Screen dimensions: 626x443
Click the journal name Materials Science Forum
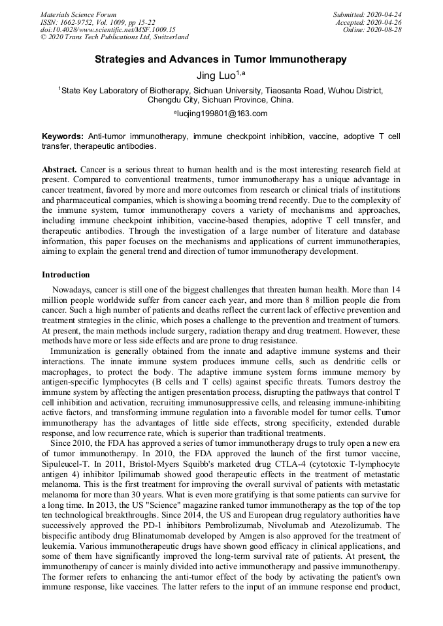click(78, 14)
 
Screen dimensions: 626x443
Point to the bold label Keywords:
click(62, 136)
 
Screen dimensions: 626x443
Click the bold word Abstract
click(60, 169)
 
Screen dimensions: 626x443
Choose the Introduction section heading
click(65, 275)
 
